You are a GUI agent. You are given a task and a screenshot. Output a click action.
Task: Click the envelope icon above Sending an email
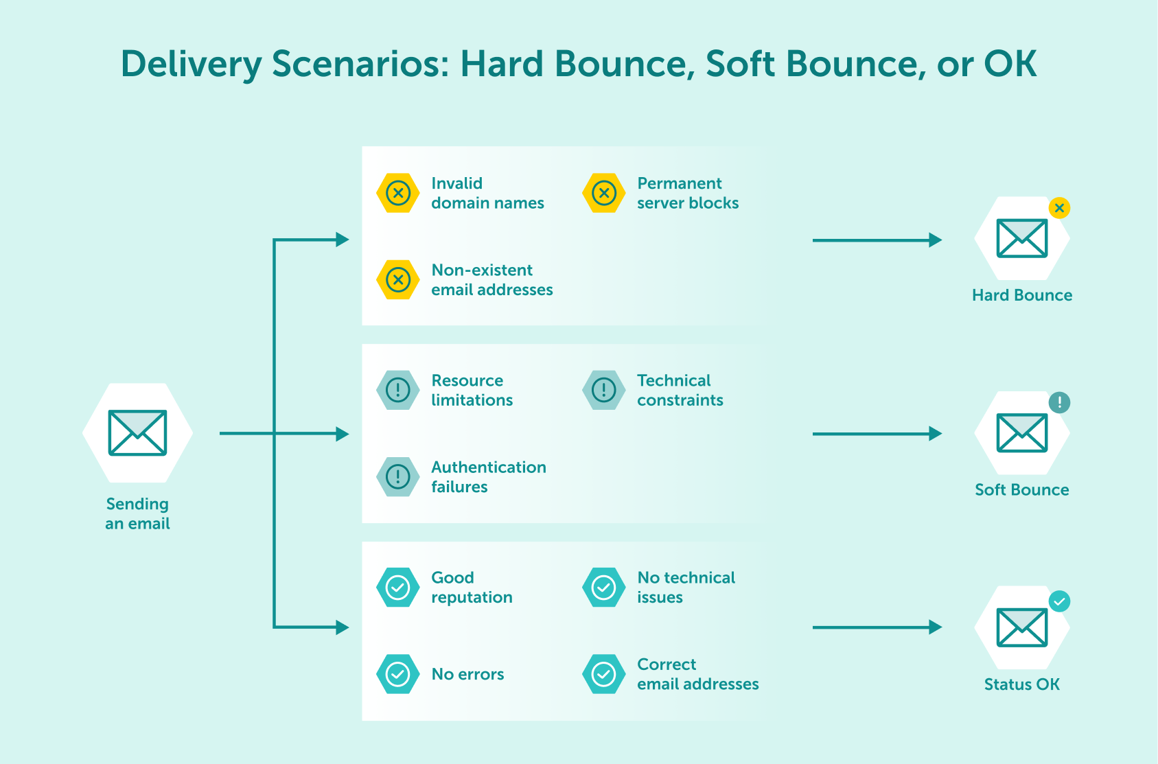(x=137, y=432)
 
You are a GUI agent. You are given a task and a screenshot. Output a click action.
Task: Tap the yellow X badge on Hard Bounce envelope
(x=1059, y=207)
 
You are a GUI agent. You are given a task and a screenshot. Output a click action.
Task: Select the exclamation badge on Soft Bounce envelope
(x=1059, y=402)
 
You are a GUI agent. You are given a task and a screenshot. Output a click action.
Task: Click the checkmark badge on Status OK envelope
(x=1059, y=602)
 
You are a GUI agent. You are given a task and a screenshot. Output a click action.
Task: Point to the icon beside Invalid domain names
(x=398, y=193)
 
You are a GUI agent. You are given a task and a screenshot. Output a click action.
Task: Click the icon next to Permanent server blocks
(x=604, y=193)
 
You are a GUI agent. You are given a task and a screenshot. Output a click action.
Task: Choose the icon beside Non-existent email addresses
(x=398, y=279)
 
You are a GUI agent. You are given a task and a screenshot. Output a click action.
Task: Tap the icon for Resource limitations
(x=398, y=390)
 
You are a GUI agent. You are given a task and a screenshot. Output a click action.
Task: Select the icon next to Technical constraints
(x=604, y=390)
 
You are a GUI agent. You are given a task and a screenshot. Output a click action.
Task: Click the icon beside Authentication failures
(x=398, y=476)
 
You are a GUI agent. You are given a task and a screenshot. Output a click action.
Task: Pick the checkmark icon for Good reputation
(x=398, y=587)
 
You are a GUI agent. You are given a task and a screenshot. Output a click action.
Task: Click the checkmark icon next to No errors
(x=398, y=674)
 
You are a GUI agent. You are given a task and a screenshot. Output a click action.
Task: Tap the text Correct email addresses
(x=697, y=674)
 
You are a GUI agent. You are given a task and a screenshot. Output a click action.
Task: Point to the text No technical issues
(x=686, y=587)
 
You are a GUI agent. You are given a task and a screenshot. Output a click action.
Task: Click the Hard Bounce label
(x=1021, y=295)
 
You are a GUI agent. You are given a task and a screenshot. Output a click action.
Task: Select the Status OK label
(x=1021, y=684)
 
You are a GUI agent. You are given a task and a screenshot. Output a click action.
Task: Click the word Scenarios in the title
(x=360, y=64)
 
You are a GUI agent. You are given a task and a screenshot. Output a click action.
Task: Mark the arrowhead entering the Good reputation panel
(x=342, y=627)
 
